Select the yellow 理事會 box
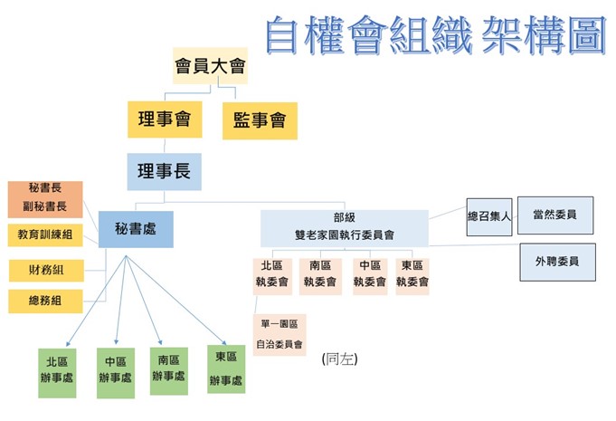pyautogui.click(x=164, y=120)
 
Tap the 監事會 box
pyautogui.click(x=260, y=120)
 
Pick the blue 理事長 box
pyautogui.click(x=164, y=171)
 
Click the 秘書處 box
pyautogui.click(x=136, y=229)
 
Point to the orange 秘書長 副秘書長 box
pyautogui.click(x=45, y=197)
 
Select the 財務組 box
pyautogui.click(x=45, y=270)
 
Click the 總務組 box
pyautogui.click(x=45, y=301)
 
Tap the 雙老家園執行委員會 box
pyautogui.click(x=344, y=227)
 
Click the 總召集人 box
pyautogui.click(x=489, y=217)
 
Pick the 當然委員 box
pyautogui.click(x=562, y=215)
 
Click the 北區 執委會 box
pyautogui.click(x=272, y=275)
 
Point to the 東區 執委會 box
pyautogui.click(x=412, y=275)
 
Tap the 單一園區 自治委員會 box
pyautogui.click(x=279, y=334)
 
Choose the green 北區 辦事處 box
pyautogui.click(x=58, y=371)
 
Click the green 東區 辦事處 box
pyautogui.click(x=226, y=368)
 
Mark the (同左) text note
pyautogui.click(x=340, y=359)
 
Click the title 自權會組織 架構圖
pyautogui.click(x=435, y=36)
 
